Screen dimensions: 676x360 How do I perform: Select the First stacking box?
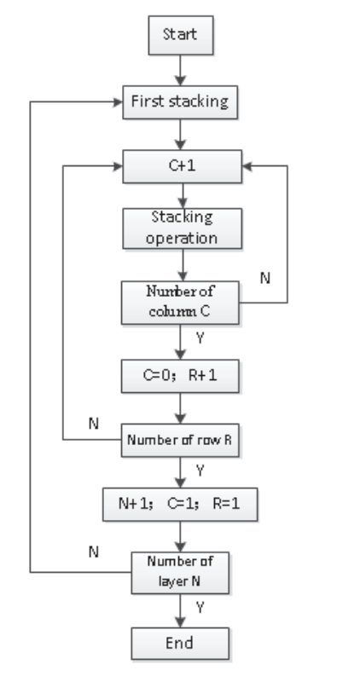point(178,101)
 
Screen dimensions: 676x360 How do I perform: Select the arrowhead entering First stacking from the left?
point(119,101)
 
